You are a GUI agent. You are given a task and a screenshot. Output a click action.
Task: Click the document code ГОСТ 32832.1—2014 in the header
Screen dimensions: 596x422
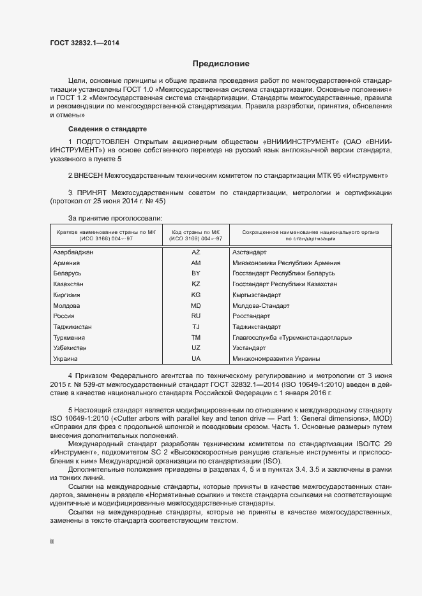coord(84,43)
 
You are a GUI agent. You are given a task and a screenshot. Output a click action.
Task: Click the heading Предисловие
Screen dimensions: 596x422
coord(221,64)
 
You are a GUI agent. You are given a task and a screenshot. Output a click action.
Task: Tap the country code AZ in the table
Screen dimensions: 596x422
coord(195,252)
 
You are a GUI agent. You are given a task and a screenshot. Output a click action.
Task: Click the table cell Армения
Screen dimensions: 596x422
coord(66,263)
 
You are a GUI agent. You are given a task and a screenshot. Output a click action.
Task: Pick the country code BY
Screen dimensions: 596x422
coord(195,273)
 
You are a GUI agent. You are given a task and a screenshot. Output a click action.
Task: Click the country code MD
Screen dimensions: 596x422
coord(195,306)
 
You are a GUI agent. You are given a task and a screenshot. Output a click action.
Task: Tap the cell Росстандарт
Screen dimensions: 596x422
coord(252,316)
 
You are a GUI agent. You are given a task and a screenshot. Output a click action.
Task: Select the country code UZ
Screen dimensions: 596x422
coord(195,348)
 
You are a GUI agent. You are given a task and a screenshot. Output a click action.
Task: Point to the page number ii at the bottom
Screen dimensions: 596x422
coord(52,541)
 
